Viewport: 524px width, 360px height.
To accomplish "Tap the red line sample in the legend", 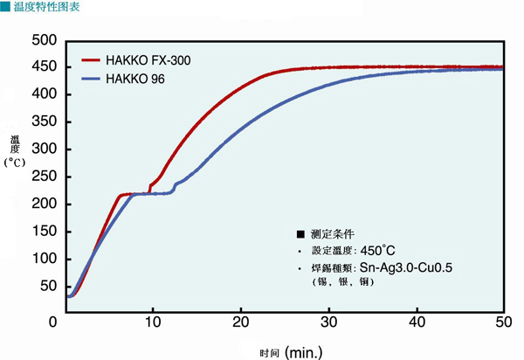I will coord(93,61).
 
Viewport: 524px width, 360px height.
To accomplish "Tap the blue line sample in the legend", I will coord(93,80).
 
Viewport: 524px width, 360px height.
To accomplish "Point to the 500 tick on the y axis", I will coord(43,40).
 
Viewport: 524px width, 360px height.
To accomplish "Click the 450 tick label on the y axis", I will coord(43,67).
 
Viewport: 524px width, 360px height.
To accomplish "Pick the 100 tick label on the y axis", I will coord(43,259).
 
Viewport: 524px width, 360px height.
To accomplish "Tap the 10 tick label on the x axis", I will coord(154,322).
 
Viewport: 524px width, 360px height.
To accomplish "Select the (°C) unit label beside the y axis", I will coord(16,162).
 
